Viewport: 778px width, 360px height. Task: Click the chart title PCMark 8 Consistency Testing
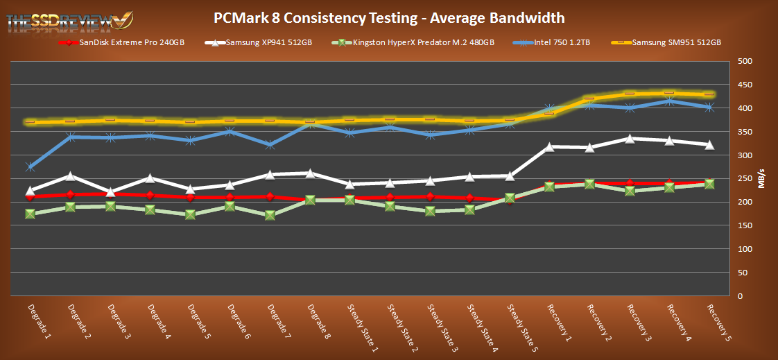click(388, 17)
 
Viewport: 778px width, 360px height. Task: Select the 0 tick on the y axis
click(740, 296)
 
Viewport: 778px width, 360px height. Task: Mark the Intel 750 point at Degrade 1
click(31, 166)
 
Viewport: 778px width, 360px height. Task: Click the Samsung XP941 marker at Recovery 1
click(549, 146)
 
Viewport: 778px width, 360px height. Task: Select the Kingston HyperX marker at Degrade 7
click(270, 215)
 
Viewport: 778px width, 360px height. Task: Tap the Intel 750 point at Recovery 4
click(669, 101)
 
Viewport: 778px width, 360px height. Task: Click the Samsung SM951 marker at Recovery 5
click(709, 94)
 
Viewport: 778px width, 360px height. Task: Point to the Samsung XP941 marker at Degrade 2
click(71, 176)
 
